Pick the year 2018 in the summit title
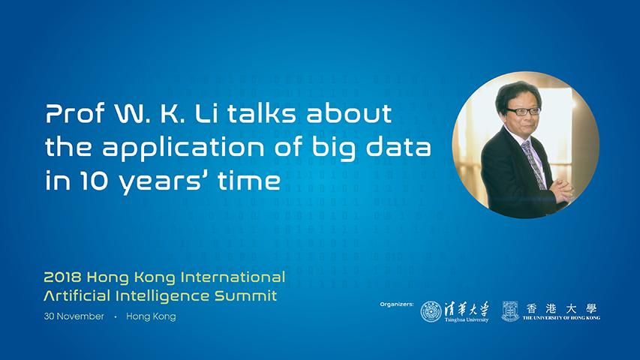point(62,277)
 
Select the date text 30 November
point(74,316)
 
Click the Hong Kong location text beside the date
point(151,316)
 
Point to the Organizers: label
point(396,304)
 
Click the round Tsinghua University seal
point(431,312)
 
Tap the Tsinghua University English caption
point(467,319)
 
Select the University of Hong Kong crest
point(510,311)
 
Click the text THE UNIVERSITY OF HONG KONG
point(561,317)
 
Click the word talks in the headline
point(261,113)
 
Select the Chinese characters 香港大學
point(561,308)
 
